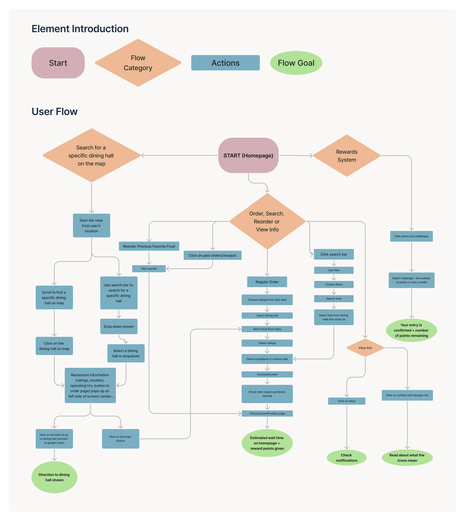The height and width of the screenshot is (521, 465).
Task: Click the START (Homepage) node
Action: pos(248,155)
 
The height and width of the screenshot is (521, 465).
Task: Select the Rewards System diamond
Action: pos(347,155)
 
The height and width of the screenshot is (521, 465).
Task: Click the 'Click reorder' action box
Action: pos(149,269)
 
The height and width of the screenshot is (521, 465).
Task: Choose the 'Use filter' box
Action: pos(334,270)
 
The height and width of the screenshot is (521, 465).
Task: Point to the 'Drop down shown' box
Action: pos(119,326)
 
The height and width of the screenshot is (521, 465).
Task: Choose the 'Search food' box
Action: pos(334,298)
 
